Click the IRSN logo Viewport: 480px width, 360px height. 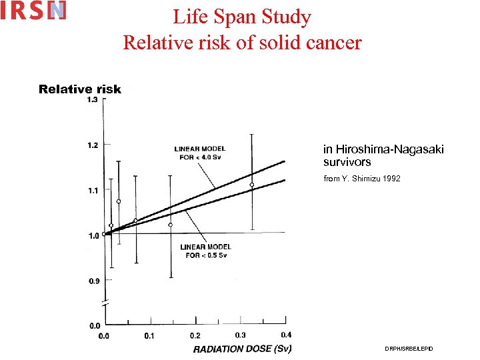33,11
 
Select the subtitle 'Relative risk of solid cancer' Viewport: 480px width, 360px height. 242,43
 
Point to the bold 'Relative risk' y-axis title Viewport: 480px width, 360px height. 80,89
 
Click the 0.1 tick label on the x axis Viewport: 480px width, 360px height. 149,335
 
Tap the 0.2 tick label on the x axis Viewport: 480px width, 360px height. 195,335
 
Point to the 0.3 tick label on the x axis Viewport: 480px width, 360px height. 241,335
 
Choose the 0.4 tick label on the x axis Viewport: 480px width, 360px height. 285,335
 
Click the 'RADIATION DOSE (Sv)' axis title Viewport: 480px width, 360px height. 242,349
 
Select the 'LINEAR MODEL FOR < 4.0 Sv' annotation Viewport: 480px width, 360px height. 199,153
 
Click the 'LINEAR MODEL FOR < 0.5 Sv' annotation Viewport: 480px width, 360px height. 206,251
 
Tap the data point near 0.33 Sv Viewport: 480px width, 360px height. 252,185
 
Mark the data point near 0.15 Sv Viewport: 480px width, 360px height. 171,225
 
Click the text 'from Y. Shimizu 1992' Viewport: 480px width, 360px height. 362,179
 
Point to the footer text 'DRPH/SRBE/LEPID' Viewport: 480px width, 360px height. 409,349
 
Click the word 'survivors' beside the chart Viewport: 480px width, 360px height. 347,162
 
